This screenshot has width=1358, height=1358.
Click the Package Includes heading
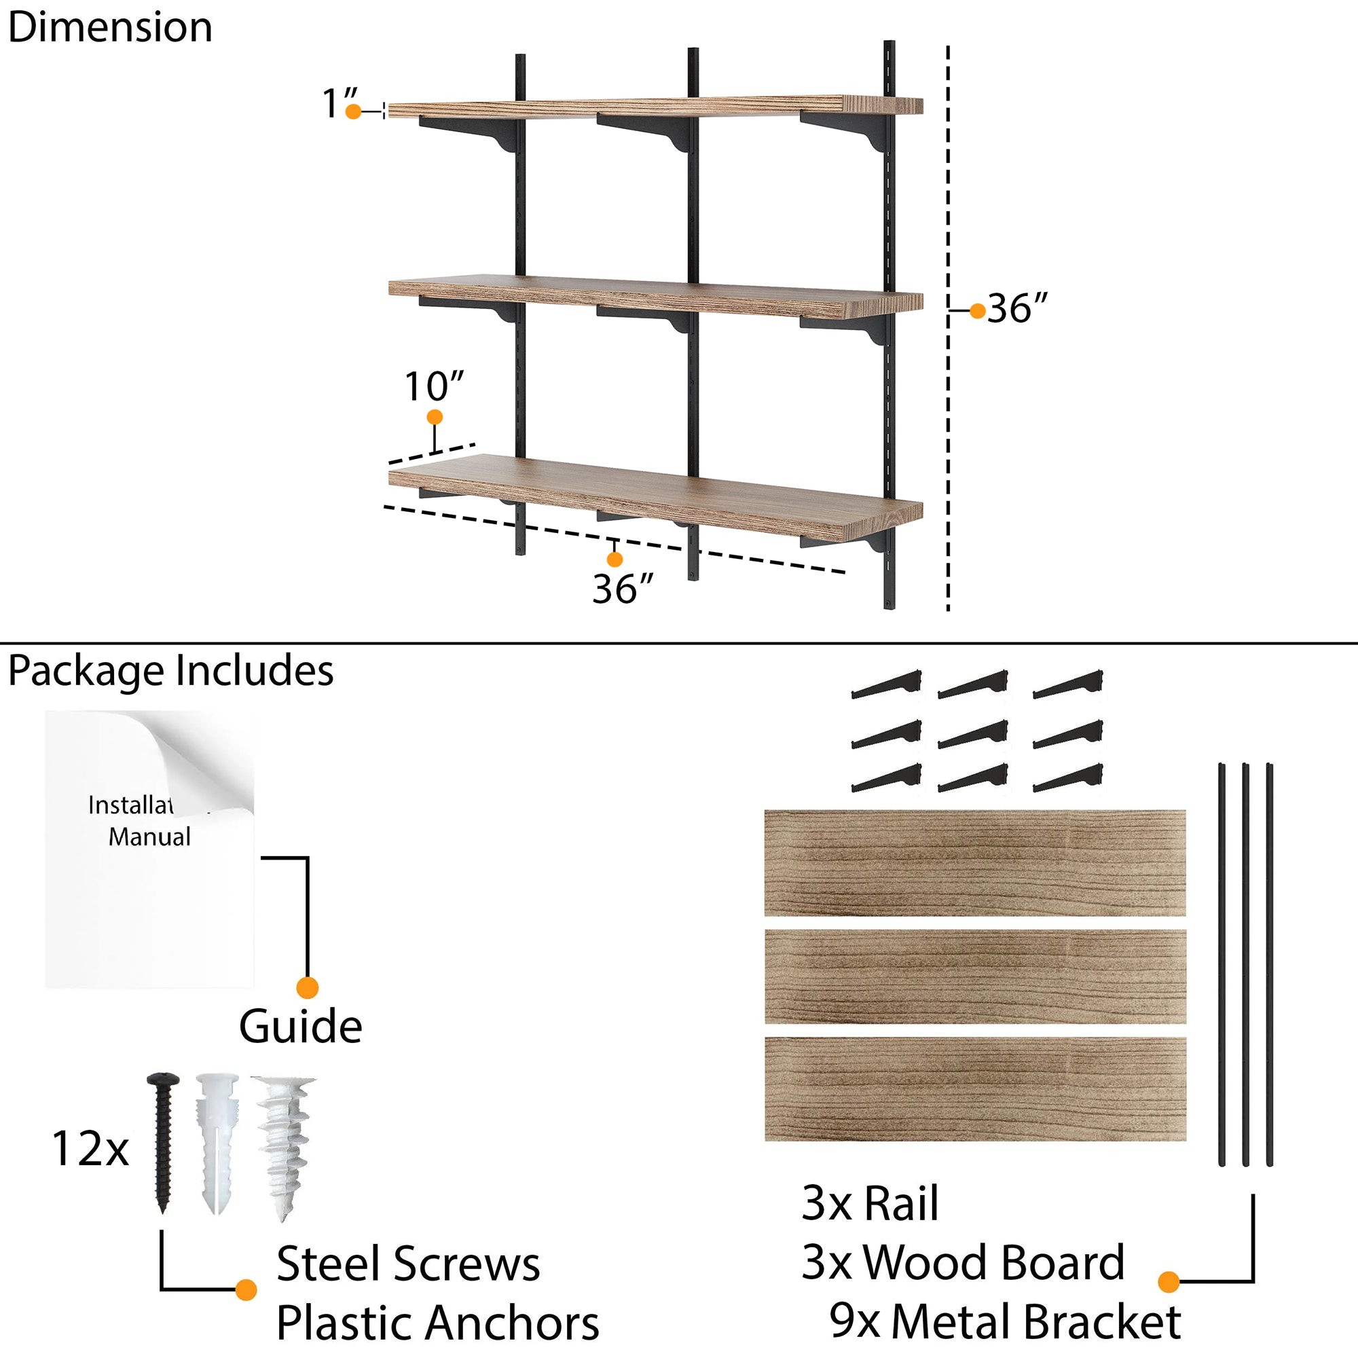170,671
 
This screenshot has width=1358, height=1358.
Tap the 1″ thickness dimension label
338,103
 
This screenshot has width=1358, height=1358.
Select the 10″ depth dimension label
434,386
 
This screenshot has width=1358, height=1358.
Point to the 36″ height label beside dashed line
1016,308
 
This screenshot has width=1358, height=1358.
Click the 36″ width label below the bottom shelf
621,588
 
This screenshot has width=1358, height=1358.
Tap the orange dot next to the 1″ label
354,112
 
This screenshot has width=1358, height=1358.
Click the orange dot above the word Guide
307,987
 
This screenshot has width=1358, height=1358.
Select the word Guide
300,1027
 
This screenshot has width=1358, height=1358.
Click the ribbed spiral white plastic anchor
284,1145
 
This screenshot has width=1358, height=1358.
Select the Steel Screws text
407,1264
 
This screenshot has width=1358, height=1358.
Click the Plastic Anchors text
437,1323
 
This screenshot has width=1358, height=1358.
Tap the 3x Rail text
870,1203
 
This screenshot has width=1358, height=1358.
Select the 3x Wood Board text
962,1262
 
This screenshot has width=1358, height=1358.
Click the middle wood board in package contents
975,976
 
